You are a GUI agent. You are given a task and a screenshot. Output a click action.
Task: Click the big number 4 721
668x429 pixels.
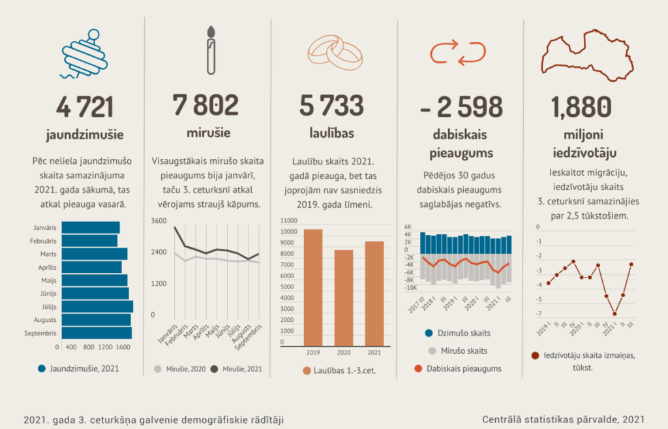[x=84, y=107]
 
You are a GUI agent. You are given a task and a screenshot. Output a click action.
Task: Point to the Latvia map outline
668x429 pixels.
[x=588, y=56]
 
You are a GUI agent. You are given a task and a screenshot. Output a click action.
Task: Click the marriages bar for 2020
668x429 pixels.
[x=344, y=297]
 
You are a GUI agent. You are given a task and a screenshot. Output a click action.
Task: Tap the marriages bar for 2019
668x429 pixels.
[x=313, y=287]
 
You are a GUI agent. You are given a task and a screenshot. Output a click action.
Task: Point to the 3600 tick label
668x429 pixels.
[x=159, y=221]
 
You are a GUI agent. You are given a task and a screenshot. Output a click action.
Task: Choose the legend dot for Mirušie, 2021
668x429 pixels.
[x=215, y=369]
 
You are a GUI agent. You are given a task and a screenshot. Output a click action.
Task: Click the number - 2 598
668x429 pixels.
[x=461, y=107]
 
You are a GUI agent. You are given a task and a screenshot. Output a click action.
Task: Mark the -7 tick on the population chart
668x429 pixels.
[x=538, y=314]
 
